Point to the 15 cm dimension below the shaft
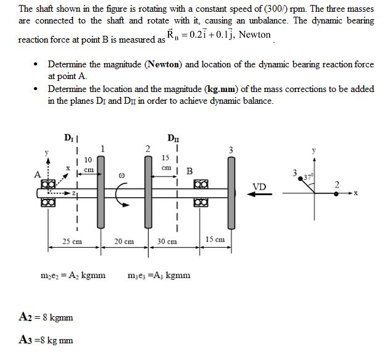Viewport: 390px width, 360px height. point(215,238)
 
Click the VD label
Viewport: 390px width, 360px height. point(260,186)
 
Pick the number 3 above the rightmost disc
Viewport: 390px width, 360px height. point(230,149)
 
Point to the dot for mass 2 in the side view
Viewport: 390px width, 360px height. point(336,193)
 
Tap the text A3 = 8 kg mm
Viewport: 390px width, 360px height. point(46,339)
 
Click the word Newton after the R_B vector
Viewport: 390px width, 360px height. point(254,35)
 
